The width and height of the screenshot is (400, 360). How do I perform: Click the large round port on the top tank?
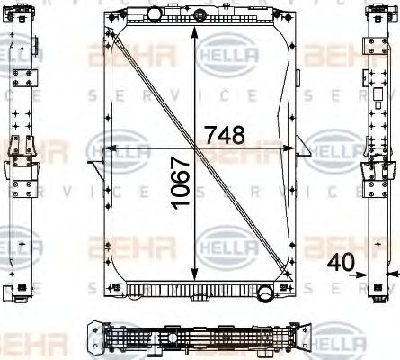click(x=155, y=13)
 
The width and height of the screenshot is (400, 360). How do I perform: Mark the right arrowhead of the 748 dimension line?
click(x=294, y=148)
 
